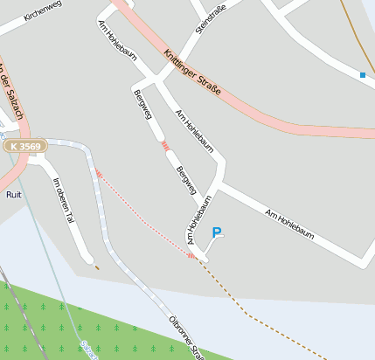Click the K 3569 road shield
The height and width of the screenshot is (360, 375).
(x=25, y=147)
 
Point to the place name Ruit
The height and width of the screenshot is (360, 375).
(x=13, y=195)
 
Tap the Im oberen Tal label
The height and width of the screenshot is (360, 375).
(x=64, y=200)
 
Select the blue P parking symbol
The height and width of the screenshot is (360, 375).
(x=218, y=233)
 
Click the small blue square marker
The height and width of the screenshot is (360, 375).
(x=363, y=75)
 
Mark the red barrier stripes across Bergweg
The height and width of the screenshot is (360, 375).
(x=164, y=146)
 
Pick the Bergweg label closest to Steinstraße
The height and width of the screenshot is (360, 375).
(x=141, y=105)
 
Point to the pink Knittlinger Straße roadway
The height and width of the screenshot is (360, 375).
(x=262, y=118)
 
